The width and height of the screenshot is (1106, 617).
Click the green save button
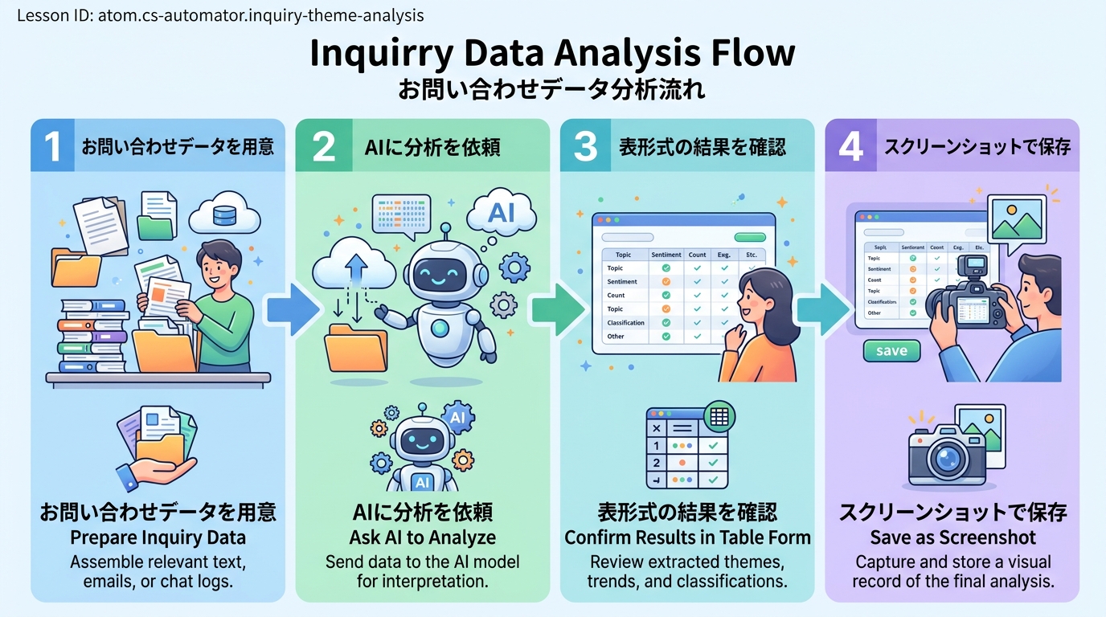(x=891, y=351)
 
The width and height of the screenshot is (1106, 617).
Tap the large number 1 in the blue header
(x=52, y=146)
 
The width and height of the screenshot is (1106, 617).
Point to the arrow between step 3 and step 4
(x=821, y=310)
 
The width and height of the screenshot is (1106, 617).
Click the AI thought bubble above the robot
(x=501, y=213)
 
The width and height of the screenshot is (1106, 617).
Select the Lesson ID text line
(x=220, y=15)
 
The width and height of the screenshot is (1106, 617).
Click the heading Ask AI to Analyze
(x=423, y=537)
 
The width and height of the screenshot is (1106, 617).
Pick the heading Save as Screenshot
(x=953, y=537)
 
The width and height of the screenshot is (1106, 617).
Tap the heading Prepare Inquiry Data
(x=158, y=537)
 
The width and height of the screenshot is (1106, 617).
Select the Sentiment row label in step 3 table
(x=623, y=282)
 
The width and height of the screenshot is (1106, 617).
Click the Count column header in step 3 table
(x=697, y=255)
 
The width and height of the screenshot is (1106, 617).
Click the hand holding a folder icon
(x=157, y=450)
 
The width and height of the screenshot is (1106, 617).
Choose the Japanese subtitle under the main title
(x=552, y=89)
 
